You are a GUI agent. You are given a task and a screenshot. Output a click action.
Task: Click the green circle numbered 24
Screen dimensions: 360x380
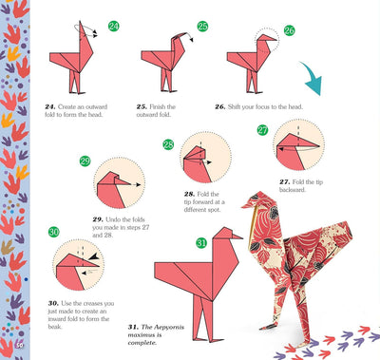[114, 27]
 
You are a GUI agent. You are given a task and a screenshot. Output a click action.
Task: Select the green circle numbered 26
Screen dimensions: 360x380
[289, 30]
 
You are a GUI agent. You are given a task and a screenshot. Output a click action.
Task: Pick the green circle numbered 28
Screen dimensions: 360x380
[168, 145]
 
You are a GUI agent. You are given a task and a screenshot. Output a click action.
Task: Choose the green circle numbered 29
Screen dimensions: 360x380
[85, 161]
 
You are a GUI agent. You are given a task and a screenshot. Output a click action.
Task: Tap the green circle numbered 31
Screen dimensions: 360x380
[201, 243]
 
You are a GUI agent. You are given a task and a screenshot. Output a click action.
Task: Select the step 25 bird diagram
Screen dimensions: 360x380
[161, 63]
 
